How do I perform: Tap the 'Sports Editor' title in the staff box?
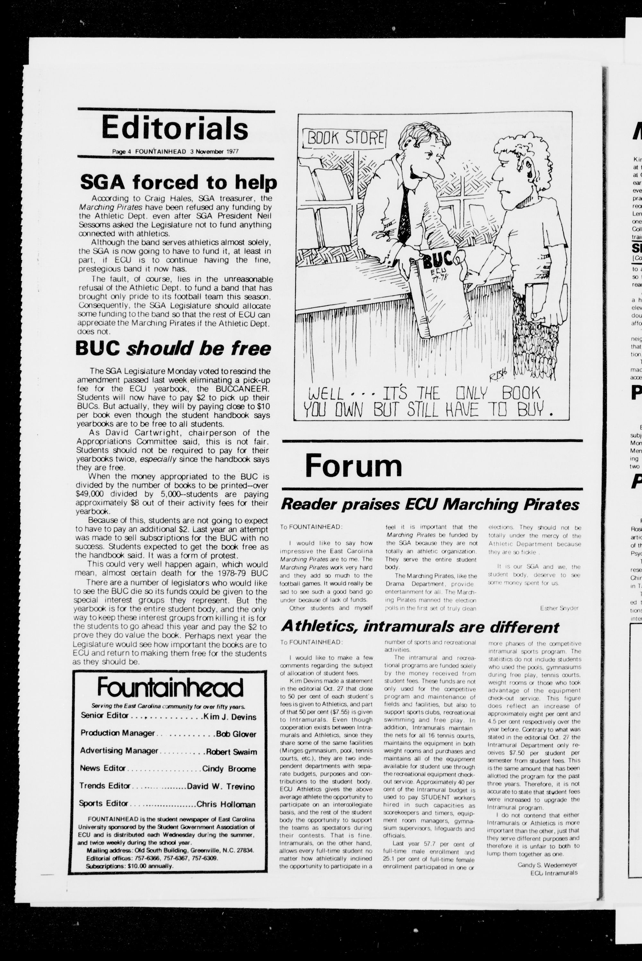point(104,803)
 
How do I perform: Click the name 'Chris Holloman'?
point(226,804)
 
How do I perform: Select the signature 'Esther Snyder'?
point(559,608)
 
